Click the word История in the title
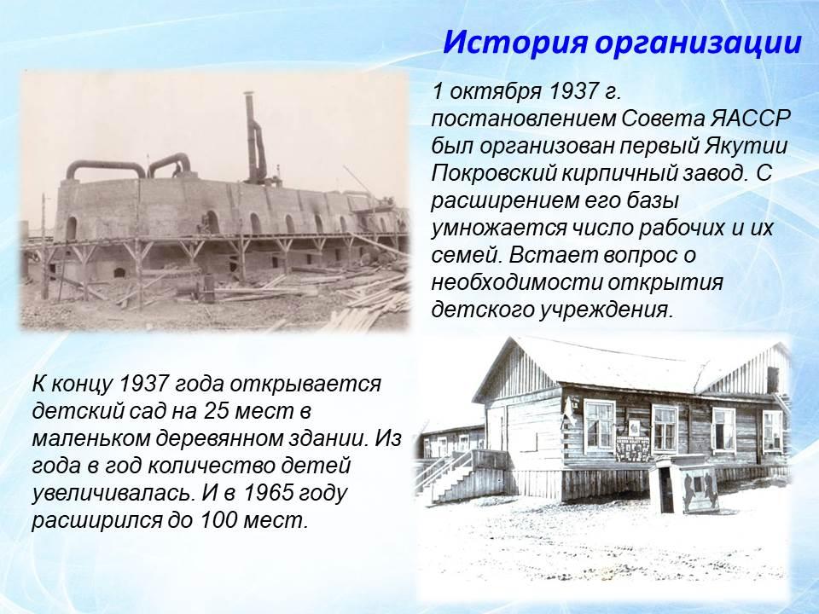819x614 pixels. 515,43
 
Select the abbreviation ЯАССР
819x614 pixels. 750,119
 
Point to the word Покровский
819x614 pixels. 494,174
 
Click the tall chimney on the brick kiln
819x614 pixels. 255,137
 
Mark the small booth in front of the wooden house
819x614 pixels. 683,484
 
